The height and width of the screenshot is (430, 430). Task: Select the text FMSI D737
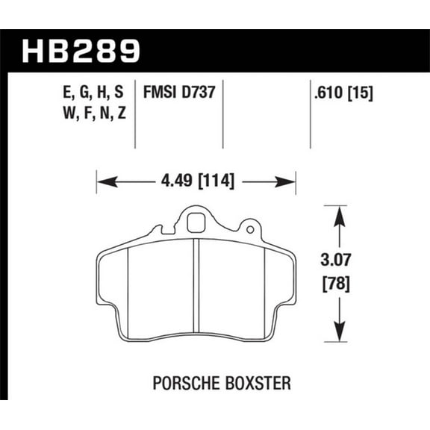pos(179,94)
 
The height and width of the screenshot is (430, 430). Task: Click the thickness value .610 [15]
pos(344,94)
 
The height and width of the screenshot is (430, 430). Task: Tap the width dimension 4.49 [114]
pos(196,180)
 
